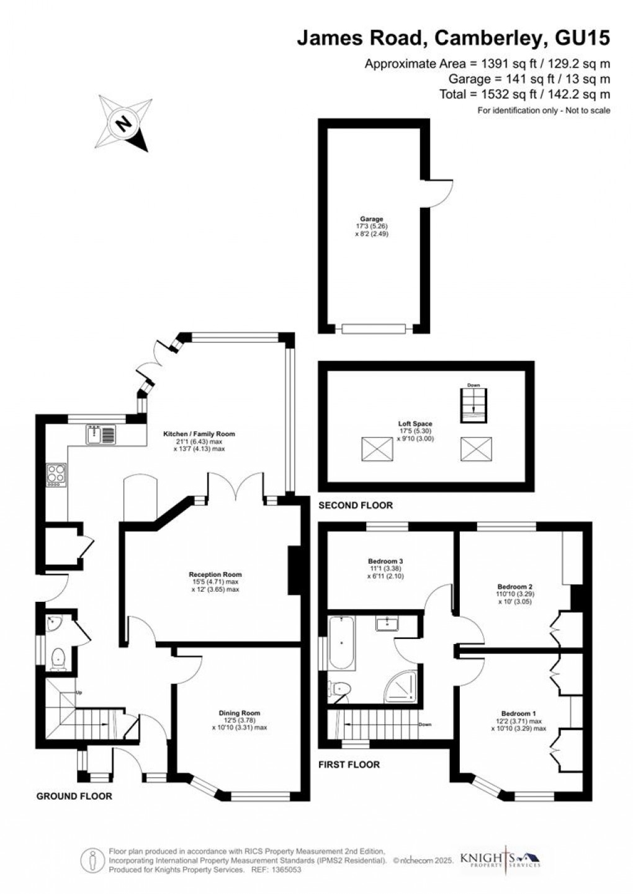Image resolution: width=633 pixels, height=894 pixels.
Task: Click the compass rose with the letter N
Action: (x=125, y=123)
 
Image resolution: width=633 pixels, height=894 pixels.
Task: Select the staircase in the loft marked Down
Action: (x=474, y=406)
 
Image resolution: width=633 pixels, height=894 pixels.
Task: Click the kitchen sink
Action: (x=101, y=435)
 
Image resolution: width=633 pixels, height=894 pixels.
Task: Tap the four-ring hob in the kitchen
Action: (x=55, y=475)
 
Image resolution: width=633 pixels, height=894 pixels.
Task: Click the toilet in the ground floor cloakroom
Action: (x=59, y=658)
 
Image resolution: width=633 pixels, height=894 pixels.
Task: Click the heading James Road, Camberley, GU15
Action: (x=453, y=38)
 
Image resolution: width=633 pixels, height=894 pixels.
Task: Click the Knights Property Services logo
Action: (x=500, y=860)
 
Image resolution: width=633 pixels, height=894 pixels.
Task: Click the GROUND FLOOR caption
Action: (x=74, y=796)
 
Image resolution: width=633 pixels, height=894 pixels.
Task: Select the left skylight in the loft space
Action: (x=377, y=449)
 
